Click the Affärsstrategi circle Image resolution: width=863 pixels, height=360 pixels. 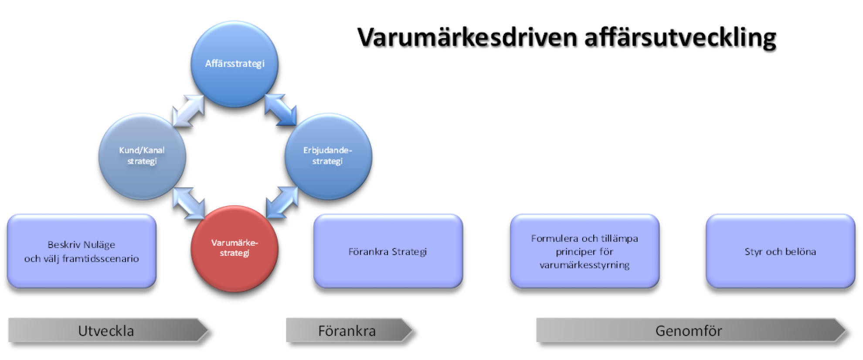pyautogui.click(x=234, y=64)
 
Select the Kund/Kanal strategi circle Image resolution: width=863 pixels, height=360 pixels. pyautogui.click(x=142, y=156)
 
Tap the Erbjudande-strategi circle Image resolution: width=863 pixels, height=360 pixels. pyautogui.click(x=328, y=156)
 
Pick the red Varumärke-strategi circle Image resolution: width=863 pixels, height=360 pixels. pyautogui.click(x=234, y=248)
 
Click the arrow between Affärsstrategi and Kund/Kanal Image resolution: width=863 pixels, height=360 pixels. pyautogui.click(x=188, y=111)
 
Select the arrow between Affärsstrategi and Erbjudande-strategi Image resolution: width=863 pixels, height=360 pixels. pyautogui.click(x=281, y=110)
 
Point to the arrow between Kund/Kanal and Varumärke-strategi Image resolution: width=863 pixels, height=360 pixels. pyautogui.click(x=189, y=203)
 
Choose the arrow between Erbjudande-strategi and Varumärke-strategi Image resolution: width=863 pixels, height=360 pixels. pyautogui.click(x=282, y=202)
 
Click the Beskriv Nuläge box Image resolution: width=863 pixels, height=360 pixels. pyautogui.click(x=82, y=251)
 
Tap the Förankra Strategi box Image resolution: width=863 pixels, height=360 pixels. pyautogui.click(x=388, y=251)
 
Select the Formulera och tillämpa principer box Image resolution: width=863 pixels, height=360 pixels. pyautogui.click(x=584, y=251)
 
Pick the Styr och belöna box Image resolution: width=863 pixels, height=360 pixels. pyautogui.click(x=780, y=251)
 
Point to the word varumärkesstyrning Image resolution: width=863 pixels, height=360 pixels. pyautogui.click(x=584, y=265)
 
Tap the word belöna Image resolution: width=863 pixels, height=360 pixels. pyautogui.click(x=801, y=252)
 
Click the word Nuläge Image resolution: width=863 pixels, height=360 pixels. pyautogui.click(x=100, y=245)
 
